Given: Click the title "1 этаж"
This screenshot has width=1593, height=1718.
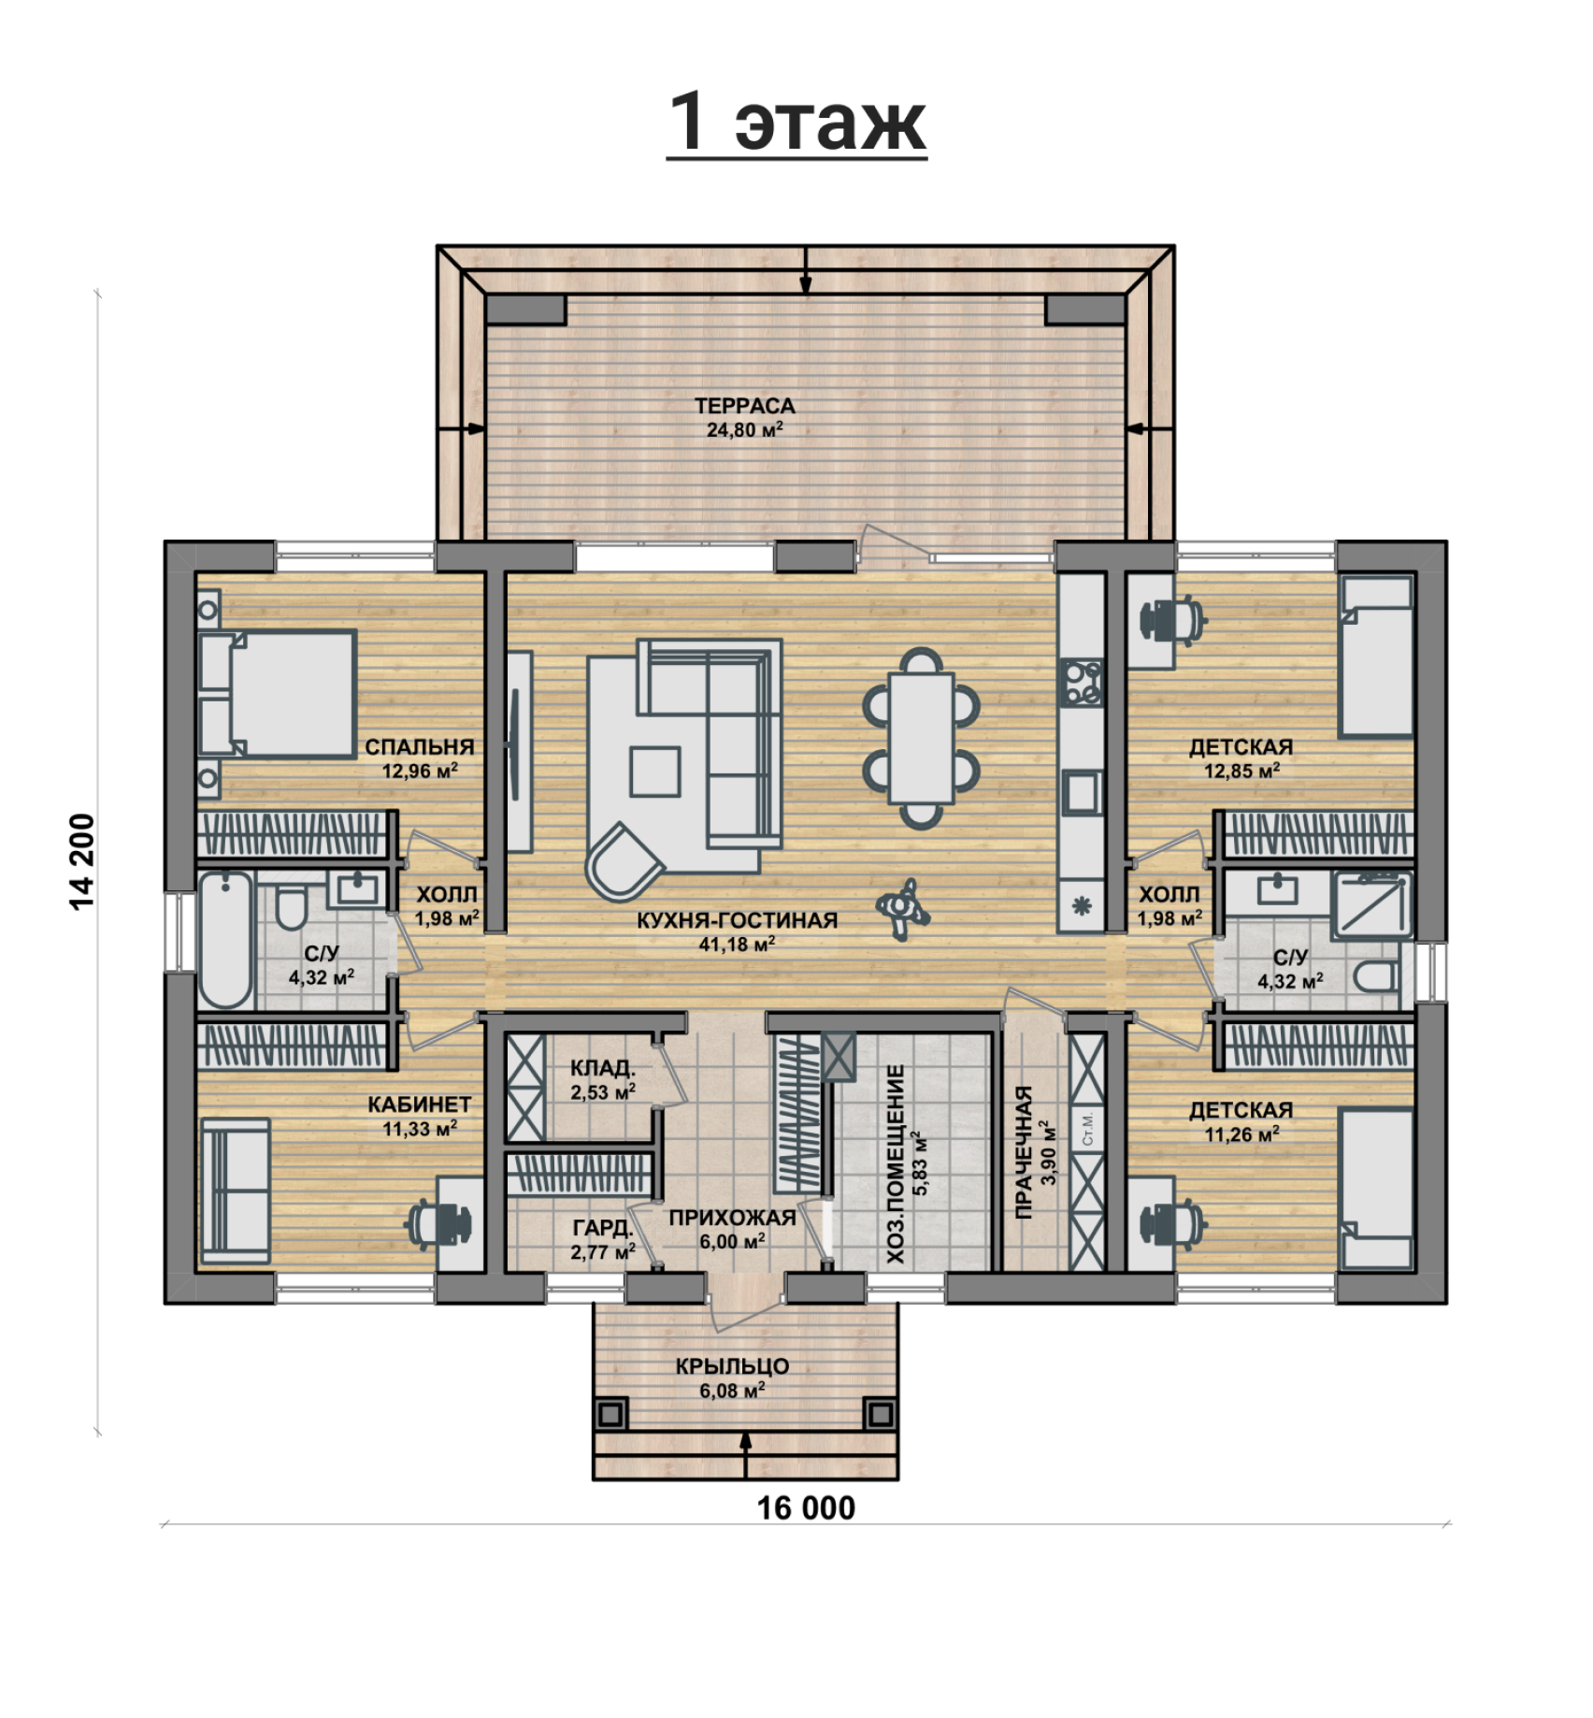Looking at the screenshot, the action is point(796,122).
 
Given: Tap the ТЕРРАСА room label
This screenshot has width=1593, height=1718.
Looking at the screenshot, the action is point(744,406).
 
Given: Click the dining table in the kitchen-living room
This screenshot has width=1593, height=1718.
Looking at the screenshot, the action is point(922,738).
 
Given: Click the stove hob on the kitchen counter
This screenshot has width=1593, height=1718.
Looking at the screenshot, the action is point(1082,682).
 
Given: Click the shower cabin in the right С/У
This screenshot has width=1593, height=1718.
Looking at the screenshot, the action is point(1371,904).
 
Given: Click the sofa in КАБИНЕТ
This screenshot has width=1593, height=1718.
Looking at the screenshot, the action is point(236,1191).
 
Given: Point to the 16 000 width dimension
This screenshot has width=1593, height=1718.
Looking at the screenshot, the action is point(806,1509).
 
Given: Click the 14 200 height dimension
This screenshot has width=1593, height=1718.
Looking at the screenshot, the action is point(82,861).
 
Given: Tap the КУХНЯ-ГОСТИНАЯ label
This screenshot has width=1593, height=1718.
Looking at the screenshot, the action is point(738,920).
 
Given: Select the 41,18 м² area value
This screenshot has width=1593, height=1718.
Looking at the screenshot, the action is point(738,945).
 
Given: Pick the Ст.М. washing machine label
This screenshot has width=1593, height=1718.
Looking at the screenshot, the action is point(1087,1129).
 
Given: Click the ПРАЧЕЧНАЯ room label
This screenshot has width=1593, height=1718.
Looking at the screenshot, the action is point(1024,1152).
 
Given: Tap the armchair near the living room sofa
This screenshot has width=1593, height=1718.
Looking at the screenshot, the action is point(624,860).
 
